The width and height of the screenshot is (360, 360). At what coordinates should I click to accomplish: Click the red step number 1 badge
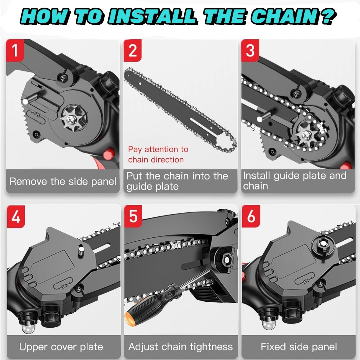click(15, 50)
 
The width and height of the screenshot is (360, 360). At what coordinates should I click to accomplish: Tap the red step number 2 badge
click(132, 50)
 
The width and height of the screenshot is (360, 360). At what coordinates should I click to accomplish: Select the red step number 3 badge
click(250, 50)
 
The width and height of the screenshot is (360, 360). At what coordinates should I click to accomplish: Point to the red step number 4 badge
click(16, 217)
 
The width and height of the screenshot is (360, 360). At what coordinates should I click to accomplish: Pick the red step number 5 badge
click(133, 216)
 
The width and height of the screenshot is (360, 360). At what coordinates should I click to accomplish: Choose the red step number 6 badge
click(251, 216)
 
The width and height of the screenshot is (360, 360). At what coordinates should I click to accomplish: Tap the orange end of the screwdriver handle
click(129, 319)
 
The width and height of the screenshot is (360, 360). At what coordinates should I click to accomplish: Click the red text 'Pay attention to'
click(158, 150)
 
